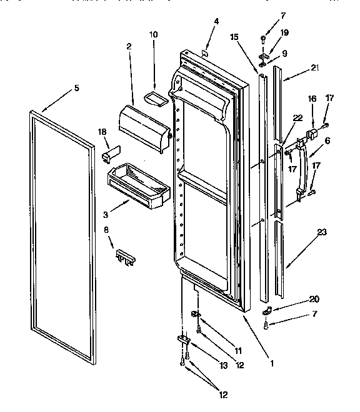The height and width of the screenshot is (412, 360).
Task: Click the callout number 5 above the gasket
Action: pos(76,88)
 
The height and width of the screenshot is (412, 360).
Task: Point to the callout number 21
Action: pos(314,67)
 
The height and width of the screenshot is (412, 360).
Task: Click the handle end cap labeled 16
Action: pos(312,136)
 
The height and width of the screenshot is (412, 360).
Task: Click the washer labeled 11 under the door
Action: pos(195,313)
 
